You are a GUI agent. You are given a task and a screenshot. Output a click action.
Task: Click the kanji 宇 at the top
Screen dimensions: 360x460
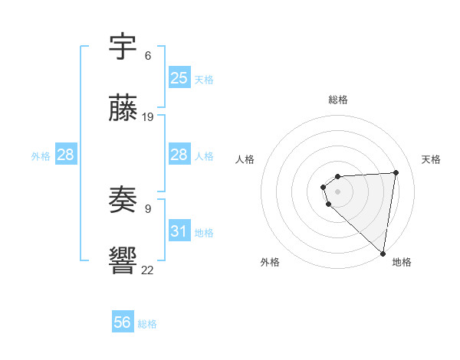point(123,47)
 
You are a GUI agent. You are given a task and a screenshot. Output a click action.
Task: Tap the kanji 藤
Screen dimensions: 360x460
point(123,110)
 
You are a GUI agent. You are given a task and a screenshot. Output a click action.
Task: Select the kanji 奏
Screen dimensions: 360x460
point(123,201)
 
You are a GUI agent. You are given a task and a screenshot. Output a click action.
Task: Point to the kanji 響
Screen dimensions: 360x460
point(123,261)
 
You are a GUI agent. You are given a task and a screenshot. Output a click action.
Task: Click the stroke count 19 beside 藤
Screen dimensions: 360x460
point(148,117)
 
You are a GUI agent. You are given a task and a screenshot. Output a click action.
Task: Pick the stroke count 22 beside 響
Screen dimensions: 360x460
point(148,269)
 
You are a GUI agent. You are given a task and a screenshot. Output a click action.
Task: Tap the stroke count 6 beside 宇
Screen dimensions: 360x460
point(148,55)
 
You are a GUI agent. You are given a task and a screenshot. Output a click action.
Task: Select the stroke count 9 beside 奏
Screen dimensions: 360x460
point(148,208)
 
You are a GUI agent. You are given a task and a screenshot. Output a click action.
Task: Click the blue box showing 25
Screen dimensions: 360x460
point(179,77)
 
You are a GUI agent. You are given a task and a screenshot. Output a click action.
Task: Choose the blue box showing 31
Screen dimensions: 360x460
point(179,231)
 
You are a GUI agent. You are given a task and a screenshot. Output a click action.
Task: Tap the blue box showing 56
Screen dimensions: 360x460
point(123,322)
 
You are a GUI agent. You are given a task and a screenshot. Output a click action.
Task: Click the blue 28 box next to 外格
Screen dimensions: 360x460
point(66,155)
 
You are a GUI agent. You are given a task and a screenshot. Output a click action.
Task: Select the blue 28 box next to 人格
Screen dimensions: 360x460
point(179,155)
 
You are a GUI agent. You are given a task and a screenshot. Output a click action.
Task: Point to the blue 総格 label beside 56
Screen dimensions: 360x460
point(147,324)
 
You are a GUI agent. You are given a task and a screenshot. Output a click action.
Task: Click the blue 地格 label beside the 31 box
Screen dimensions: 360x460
point(204,233)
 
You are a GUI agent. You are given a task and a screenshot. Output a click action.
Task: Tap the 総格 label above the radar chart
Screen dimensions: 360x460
point(338,100)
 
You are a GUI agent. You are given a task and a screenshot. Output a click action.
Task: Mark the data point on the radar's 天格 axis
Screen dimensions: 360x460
point(396,172)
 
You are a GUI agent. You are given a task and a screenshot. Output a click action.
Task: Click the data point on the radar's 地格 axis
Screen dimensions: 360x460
point(383,253)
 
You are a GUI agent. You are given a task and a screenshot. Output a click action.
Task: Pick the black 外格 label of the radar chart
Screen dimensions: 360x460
point(270,262)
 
